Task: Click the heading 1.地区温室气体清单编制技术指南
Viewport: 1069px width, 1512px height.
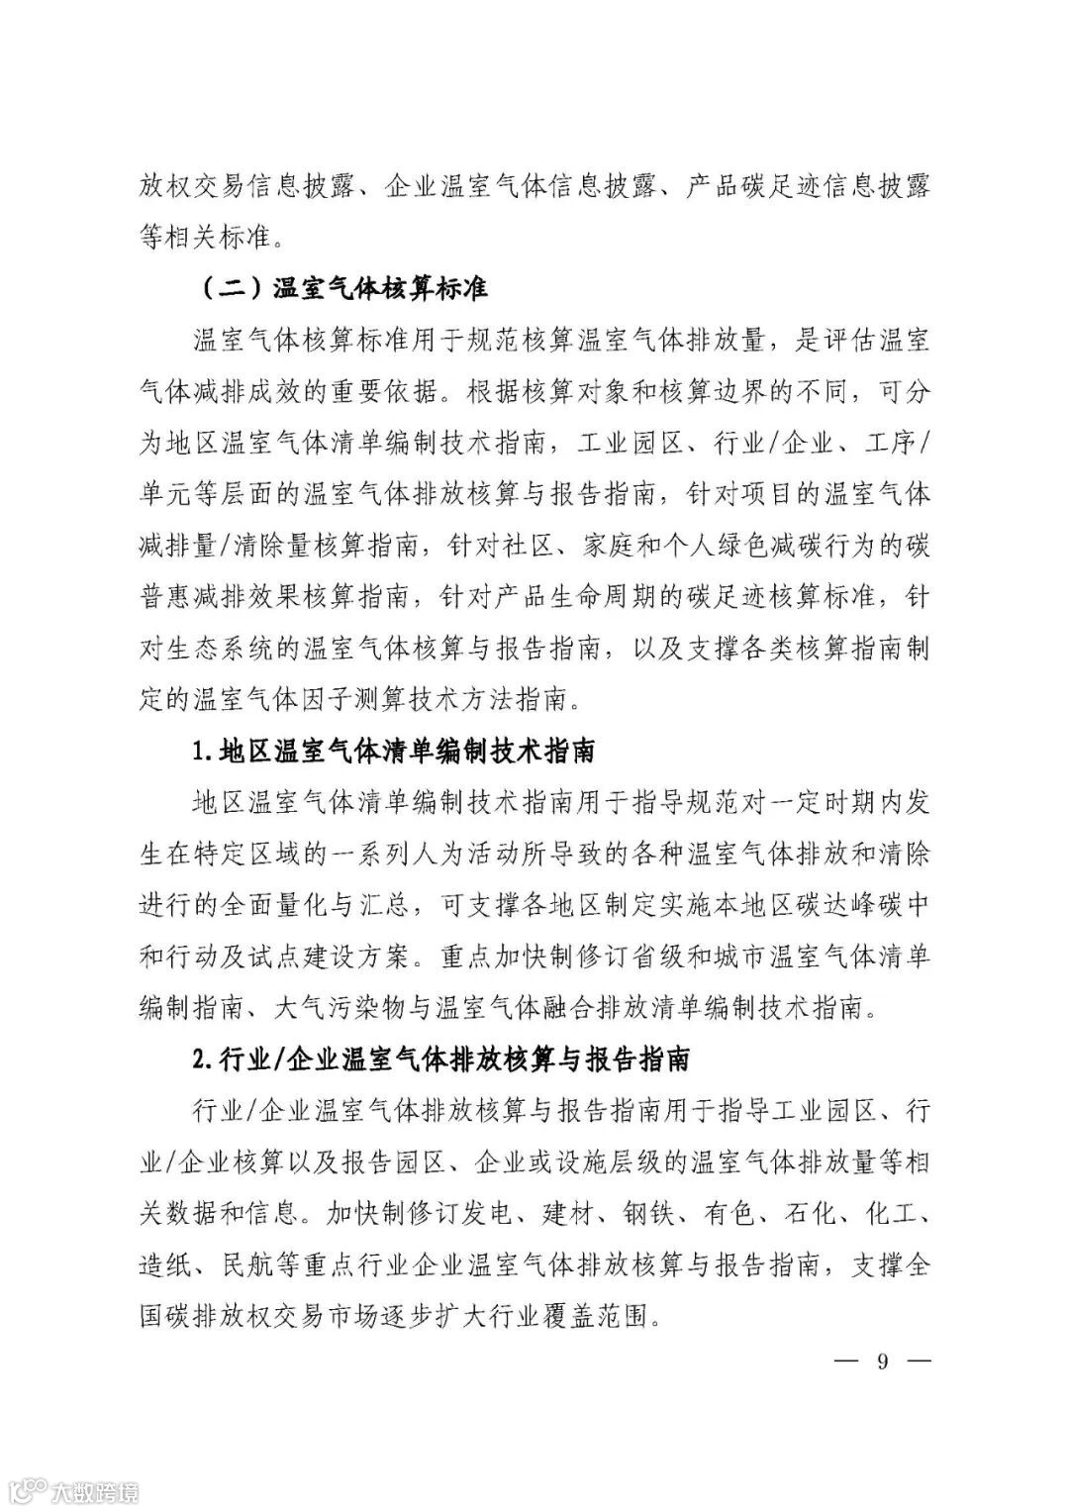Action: (393, 750)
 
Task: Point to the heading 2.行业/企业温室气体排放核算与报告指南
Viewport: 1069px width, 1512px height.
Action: (441, 1059)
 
